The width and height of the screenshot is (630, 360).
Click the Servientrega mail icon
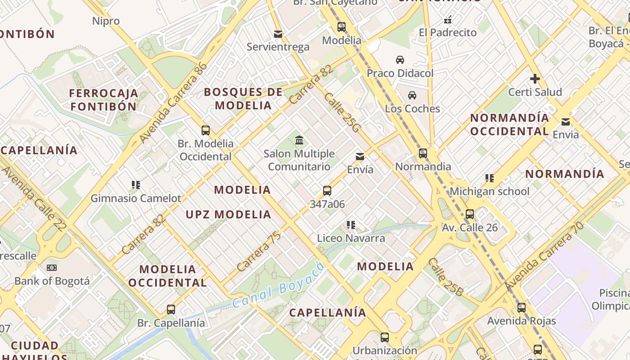coord(278,34)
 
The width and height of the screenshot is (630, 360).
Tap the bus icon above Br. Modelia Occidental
coord(206,130)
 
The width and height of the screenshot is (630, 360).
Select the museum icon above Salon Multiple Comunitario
coord(299,140)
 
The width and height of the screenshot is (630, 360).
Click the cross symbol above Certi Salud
coord(535,79)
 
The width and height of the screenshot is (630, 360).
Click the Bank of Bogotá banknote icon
coord(52,268)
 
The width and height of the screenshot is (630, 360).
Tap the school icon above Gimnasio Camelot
coord(136,184)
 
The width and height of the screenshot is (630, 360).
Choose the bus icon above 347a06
coord(327,191)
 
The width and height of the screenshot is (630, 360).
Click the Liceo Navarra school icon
coord(351,225)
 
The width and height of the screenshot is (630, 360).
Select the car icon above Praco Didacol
coord(400,59)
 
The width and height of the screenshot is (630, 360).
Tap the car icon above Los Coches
coord(412,95)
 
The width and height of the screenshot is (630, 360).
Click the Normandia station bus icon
coord(423,153)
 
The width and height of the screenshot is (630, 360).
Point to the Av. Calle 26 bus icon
coord(470,214)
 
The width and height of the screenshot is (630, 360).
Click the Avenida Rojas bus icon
coord(521,308)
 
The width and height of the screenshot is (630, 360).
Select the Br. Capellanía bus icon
coord(171,310)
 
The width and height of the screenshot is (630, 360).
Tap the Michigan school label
coord(490,191)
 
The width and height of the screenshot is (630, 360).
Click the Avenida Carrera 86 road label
coord(173,103)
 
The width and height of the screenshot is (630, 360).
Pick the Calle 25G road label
coord(342,113)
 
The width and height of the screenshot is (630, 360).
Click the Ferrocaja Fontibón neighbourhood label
coord(103,100)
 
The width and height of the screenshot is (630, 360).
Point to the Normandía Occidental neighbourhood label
coord(509,125)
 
